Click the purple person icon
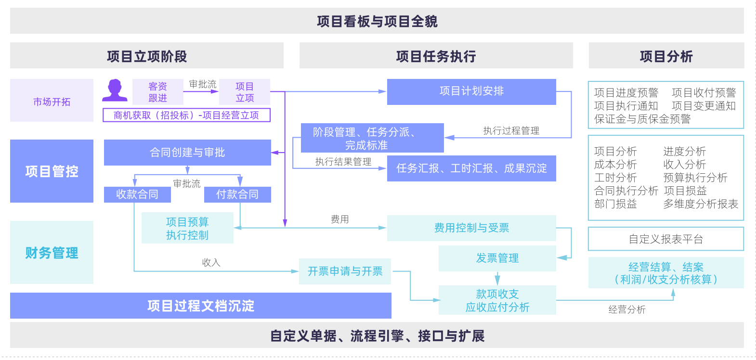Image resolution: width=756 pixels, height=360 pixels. [x=115, y=90]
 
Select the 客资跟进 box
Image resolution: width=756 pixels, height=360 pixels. [x=157, y=92]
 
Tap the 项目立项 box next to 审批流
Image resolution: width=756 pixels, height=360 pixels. [x=245, y=92]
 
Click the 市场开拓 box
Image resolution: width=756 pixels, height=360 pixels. [x=52, y=101]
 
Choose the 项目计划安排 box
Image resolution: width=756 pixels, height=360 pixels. [x=471, y=91]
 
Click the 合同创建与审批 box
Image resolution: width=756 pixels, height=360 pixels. [x=187, y=153]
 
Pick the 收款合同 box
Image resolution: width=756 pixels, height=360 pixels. [x=137, y=194]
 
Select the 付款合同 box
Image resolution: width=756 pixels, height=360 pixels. [x=237, y=194]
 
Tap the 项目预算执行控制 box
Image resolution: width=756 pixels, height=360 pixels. [x=187, y=228]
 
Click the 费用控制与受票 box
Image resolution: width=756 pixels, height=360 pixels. [x=471, y=228]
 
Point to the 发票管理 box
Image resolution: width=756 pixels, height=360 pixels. [x=497, y=258]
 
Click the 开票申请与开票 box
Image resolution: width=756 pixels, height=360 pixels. [x=345, y=271]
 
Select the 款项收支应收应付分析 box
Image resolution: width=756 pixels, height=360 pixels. [x=497, y=300]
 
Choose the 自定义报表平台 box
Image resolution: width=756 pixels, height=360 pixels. [x=665, y=239]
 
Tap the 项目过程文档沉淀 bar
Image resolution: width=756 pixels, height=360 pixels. [x=200, y=306]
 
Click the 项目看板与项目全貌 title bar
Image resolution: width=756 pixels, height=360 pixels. [x=377, y=21]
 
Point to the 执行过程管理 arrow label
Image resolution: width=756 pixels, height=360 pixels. [x=511, y=131]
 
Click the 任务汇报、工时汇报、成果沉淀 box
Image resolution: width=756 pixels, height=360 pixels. [x=471, y=168]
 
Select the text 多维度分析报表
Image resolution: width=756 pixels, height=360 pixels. [x=700, y=204]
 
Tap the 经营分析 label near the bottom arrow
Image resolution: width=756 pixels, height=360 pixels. [x=626, y=309]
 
